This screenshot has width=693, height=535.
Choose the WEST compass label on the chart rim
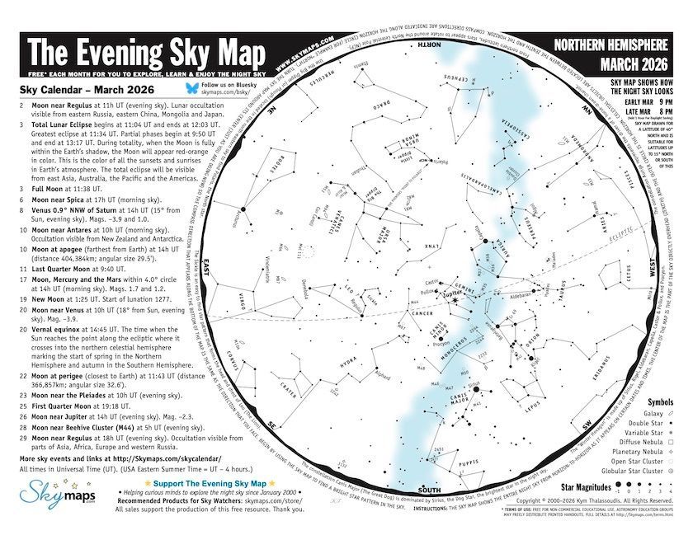pos(652,269)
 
